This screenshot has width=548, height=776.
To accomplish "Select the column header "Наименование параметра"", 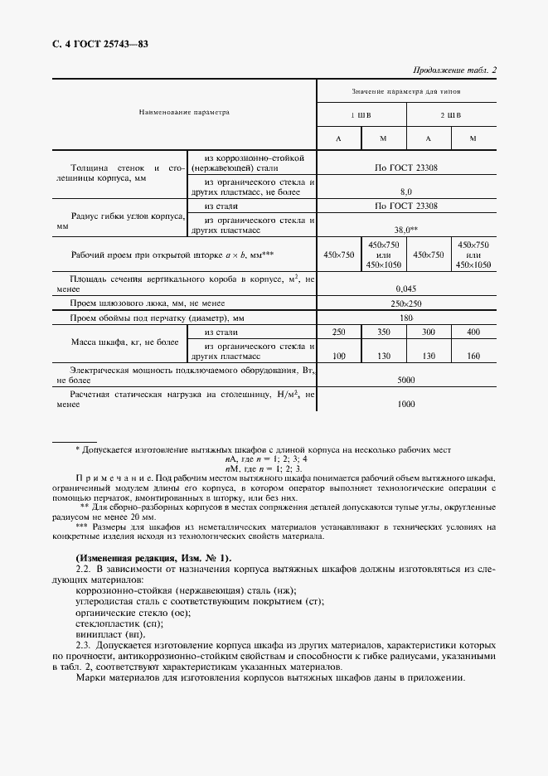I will (184, 111).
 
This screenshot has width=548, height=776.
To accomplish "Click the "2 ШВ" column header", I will (450, 114).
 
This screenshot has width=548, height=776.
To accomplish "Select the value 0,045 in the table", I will (406, 289).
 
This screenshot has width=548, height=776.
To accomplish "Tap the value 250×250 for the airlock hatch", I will (406, 303).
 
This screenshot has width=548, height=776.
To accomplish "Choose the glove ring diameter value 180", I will (406, 318).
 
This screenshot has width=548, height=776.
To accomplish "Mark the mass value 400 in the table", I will (473, 332).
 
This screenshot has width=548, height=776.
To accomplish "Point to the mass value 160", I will (473, 356).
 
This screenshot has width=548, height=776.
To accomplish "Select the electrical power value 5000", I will (406, 379).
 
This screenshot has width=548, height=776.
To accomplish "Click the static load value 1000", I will (406, 404).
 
